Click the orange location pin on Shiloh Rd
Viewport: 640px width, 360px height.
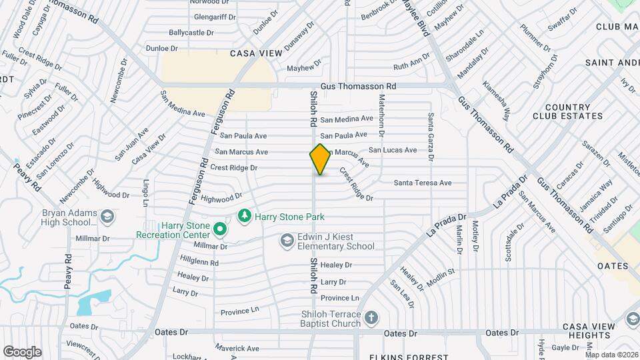tap(320, 159)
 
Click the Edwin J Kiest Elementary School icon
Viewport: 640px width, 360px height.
tap(287, 240)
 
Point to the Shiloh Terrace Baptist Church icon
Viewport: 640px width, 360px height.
tap(371, 318)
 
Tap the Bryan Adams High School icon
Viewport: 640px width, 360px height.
tap(107, 217)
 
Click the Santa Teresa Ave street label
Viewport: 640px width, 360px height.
tap(423, 183)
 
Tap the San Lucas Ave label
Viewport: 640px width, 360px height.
tap(393, 150)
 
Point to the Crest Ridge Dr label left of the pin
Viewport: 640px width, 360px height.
tap(233, 167)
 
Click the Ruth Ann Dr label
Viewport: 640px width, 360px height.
tap(411, 65)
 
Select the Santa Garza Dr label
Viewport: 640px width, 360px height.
tap(431, 137)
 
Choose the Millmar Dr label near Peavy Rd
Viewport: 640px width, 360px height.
tap(93, 238)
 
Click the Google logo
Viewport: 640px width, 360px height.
tap(22, 351)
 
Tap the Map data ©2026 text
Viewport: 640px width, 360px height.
tap(611, 355)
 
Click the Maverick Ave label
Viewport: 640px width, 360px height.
tap(237, 348)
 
